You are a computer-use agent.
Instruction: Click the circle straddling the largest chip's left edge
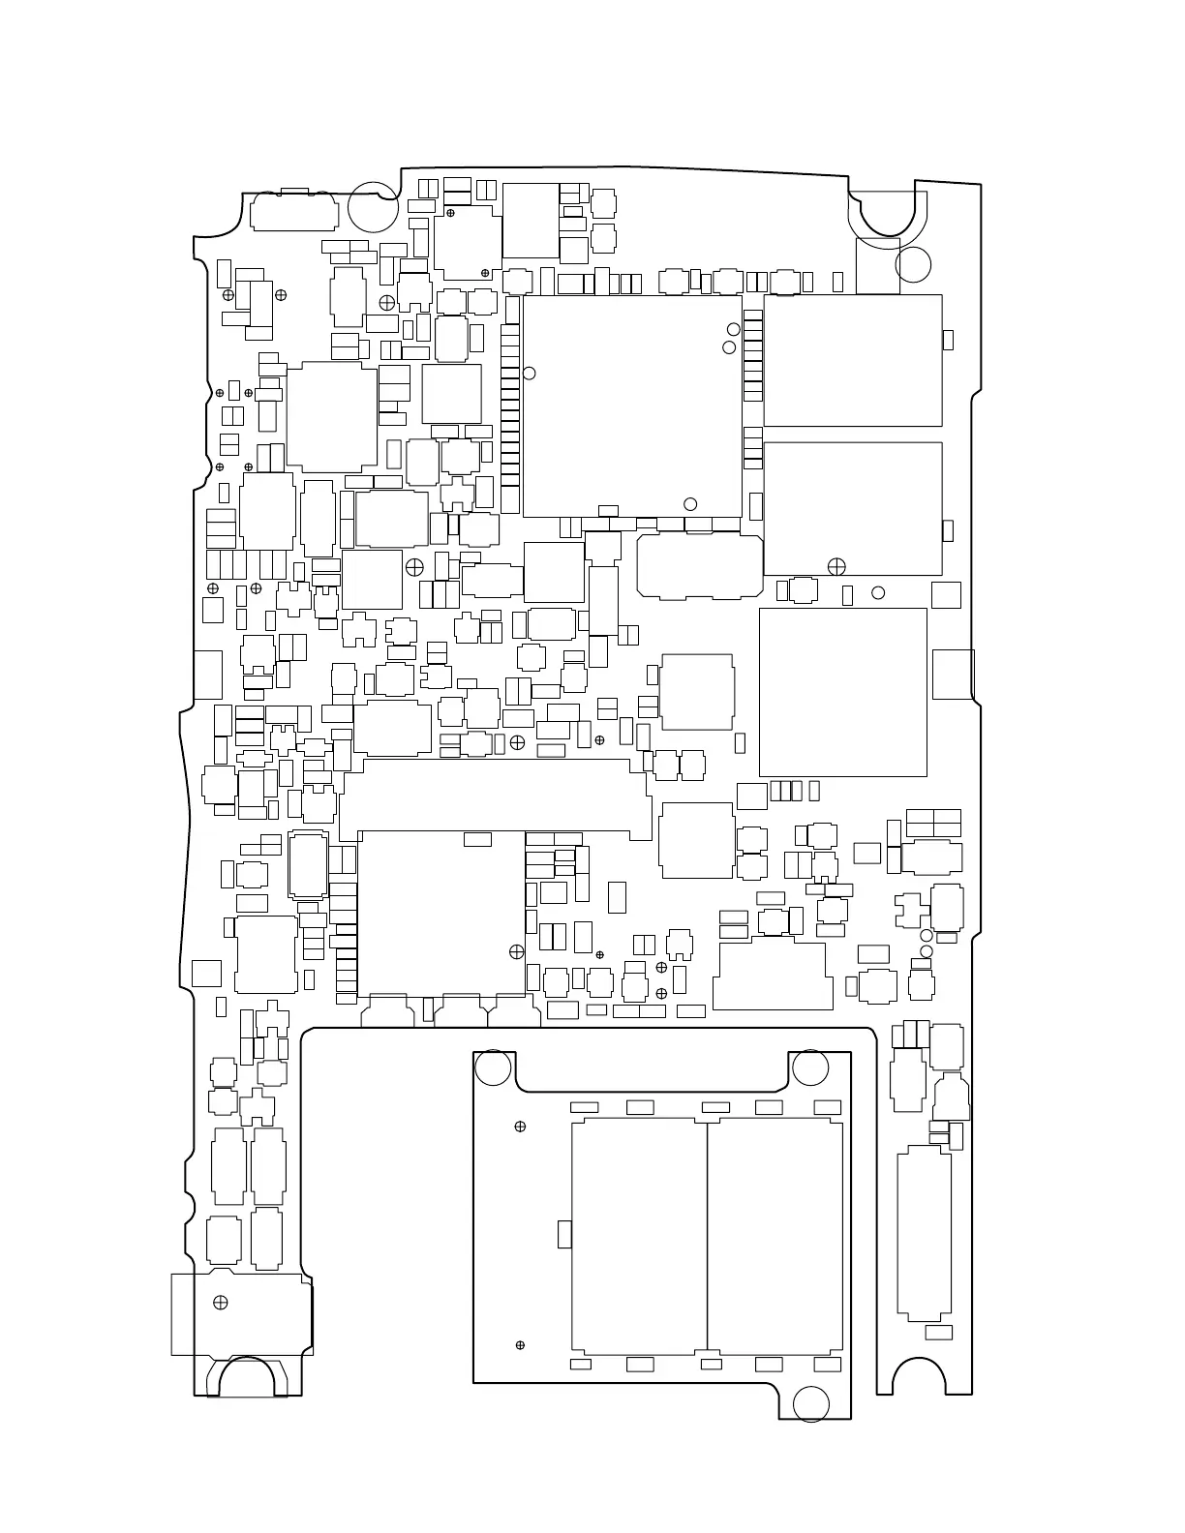pyautogui.click(x=529, y=373)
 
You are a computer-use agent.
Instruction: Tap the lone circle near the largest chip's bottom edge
pyautogui.click(x=690, y=504)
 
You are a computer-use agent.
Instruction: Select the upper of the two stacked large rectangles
pyautogui.click(x=852, y=360)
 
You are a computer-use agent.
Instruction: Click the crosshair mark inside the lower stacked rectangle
pyautogui.click(x=836, y=566)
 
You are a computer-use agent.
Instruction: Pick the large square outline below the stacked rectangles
pyautogui.click(x=842, y=692)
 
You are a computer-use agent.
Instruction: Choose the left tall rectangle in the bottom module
pyautogui.click(x=639, y=1236)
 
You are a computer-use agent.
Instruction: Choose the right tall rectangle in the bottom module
pyautogui.click(x=775, y=1236)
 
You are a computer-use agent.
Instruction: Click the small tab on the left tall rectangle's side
pyautogui.click(x=564, y=1234)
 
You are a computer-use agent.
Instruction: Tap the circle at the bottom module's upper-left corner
pyautogui.click(x=493, y=1067)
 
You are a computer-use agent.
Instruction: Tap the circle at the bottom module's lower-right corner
pyautogui.click(x=811, y=1403)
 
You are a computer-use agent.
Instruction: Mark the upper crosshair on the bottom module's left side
pyautogui.click(x=520, y=1127)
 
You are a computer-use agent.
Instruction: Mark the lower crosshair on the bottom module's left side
pyautogui.click(x=520, y=1345)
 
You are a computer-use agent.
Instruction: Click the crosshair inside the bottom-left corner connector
pyautogui.click(x=221, y=1302)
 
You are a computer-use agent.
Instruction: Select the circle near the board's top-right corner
pyautogui.click(x=913, y=264)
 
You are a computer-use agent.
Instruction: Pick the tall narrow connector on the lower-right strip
pyautogui.click(x=924, y=1234)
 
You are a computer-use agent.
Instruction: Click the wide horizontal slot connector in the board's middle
pyautogui.click(x=495, y=799)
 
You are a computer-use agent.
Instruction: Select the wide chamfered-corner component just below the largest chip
pyautogui.click(x=700, y=566)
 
